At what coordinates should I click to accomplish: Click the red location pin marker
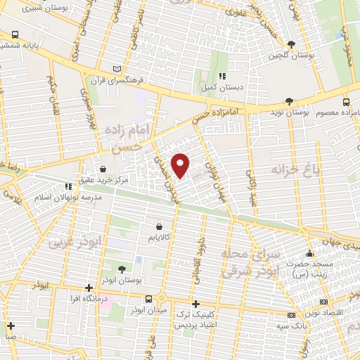(x=181, y=165)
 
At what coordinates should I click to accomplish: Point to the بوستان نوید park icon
(x=290, y=101)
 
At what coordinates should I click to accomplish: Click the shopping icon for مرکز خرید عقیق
(x=103, y=169)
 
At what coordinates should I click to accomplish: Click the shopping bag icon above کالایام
(x=160, y=227)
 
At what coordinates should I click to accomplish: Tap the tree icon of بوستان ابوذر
(x=121, y=269)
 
